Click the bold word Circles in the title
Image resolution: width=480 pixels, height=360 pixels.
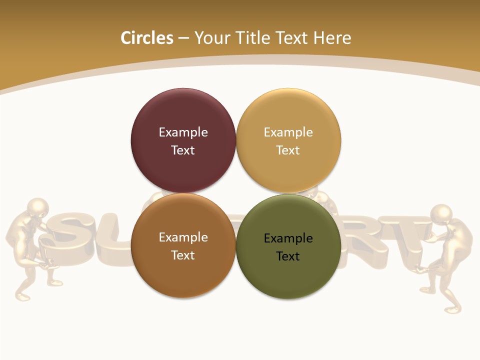[x=147, y=38]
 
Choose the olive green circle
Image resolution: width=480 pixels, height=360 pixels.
[x=288, y=272]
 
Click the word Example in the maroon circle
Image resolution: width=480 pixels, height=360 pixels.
[x=183, y=132]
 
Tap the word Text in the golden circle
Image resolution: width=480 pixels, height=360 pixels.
[x=288, y=150]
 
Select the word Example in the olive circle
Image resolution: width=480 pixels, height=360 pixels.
[x=288, y=238]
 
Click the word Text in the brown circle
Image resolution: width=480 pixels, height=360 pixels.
[x=183, y=255]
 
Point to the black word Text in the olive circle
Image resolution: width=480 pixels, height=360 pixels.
[x=288, y=256]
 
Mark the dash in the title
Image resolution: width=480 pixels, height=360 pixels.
[x=183, y=38]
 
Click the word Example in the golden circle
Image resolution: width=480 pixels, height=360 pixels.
[x=288, y=132]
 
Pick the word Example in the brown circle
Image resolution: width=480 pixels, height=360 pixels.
[x=183, y=237]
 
